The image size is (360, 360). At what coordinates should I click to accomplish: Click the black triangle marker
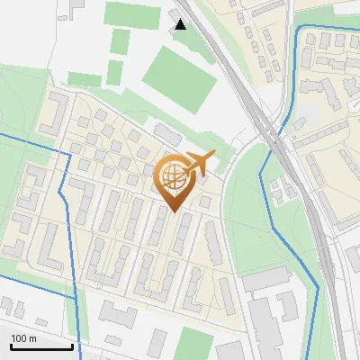point(181,24)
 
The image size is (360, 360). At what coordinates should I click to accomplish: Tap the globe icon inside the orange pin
point(173,176)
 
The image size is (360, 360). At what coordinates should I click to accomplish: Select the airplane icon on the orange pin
point(198,163)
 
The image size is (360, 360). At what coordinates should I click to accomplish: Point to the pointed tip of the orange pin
point(174,211)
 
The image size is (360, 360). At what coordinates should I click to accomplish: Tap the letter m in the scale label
point(33,338)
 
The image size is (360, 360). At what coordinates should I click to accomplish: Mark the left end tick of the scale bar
point(10,346)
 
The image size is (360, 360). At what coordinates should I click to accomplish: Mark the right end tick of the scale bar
point(72,346)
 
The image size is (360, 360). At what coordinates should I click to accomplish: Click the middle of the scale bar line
point(40,347)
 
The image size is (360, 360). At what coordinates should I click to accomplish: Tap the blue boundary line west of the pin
point(63,180)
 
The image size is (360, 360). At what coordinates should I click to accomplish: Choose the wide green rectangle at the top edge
point(135,13)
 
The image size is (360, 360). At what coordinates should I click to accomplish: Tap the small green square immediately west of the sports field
point(115,72)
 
